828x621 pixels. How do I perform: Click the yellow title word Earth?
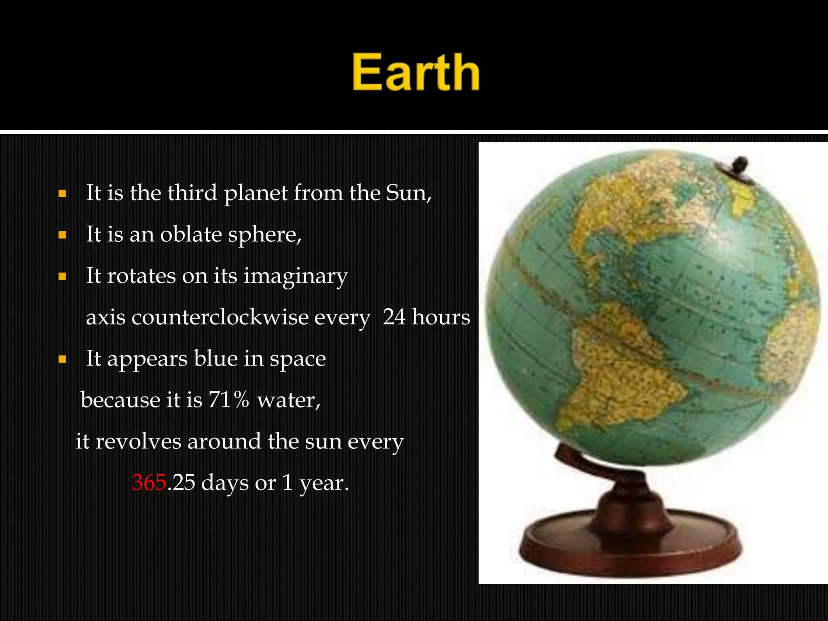416,73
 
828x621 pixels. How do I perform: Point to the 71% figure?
229,400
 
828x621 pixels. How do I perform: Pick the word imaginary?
296,277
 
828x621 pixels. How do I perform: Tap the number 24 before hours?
394,317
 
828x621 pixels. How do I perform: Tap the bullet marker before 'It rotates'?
62,277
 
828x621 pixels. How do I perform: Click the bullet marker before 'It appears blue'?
62,359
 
